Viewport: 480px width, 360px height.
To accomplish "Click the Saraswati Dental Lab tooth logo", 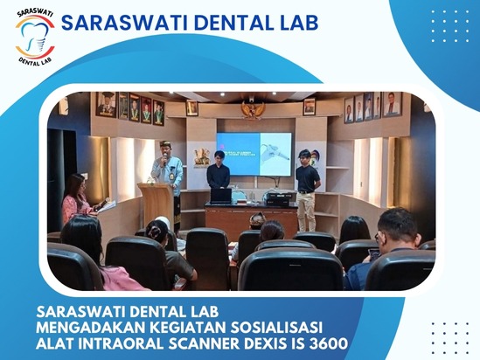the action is pos(35,38).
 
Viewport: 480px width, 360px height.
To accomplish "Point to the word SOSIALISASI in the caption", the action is pos(276,328).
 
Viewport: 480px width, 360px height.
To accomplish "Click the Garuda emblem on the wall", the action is pos(253,110).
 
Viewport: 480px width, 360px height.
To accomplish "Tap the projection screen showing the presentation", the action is pos(254,154).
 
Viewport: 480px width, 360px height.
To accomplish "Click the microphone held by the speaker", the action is pos(165,158).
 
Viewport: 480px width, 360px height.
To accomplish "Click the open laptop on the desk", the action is pos(220,196).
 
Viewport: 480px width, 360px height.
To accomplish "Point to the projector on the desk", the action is pos(278,199).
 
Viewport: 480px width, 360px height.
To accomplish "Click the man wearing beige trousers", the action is pos(308,190).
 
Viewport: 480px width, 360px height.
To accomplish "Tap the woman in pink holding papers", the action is pos(78,199).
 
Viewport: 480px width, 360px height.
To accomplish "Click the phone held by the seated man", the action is pos(373,254).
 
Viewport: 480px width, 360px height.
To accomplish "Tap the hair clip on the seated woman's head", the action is pos(152,232).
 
